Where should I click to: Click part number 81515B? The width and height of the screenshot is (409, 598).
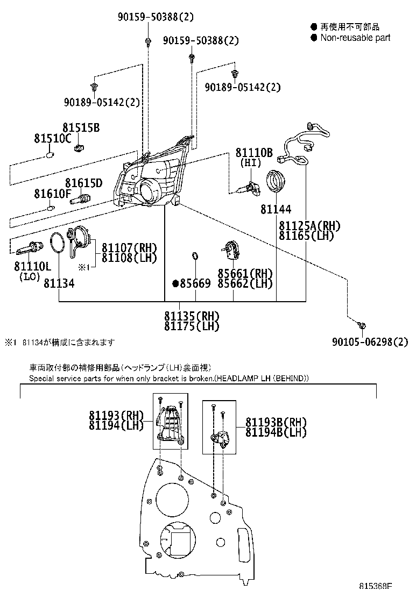click(81, 128)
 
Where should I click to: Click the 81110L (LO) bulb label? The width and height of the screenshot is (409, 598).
click(32, 267)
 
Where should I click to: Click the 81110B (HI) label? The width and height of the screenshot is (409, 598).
click(254, 153)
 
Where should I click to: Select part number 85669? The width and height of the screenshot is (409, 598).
click(195, 283)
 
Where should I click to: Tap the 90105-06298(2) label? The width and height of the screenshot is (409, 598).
click(370, 342)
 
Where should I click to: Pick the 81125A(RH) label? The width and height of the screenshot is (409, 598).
click(309, 225)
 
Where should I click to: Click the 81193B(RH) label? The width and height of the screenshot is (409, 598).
click(276, 422)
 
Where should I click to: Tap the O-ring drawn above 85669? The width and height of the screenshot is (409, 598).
click(196, 255)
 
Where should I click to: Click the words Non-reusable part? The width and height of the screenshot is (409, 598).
click(355, 38)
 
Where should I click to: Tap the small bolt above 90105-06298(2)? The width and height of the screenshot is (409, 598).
click(362, 325)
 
